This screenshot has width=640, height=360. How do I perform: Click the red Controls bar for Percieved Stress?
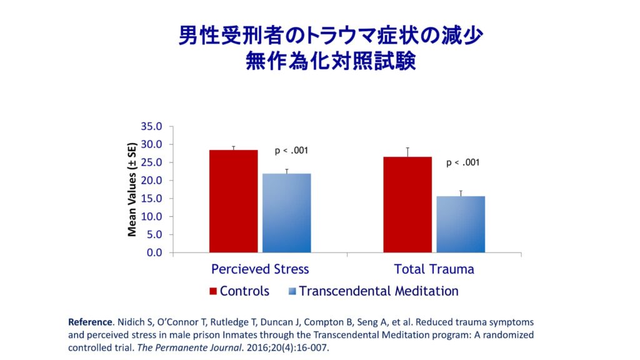(233, 201)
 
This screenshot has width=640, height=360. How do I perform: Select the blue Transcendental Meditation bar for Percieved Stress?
(286, 213)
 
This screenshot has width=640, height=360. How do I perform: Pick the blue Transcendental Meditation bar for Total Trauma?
(461, 224)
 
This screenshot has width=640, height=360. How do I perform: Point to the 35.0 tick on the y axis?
(152, 126)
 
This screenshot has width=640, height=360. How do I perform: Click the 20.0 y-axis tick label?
(152, 181)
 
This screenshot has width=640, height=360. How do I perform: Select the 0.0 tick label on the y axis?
(154, 253)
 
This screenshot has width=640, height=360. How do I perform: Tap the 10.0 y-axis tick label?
(152, 217)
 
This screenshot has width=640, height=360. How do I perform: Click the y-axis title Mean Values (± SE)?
(132, 190)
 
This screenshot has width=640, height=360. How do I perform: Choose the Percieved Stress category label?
(260, 269)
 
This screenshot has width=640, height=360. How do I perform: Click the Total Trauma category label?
(434, 269)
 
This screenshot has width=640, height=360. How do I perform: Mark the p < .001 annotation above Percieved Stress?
(291, 151)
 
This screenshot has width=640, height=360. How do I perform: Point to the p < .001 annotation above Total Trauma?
(462, 163)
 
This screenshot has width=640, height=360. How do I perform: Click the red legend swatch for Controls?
(212, 291)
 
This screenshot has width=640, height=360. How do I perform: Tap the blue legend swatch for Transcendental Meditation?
(291, 291)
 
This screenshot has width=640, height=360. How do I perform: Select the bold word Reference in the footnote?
(90, 322)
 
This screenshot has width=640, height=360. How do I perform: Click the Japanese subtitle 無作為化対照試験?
(320, 62)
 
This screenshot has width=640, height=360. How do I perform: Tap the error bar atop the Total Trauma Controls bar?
(407, 152)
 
